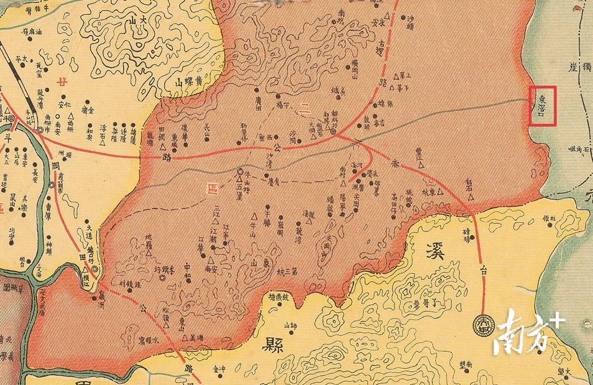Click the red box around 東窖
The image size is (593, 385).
541,106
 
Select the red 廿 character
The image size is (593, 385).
60,82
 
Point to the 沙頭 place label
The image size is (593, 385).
409,24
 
